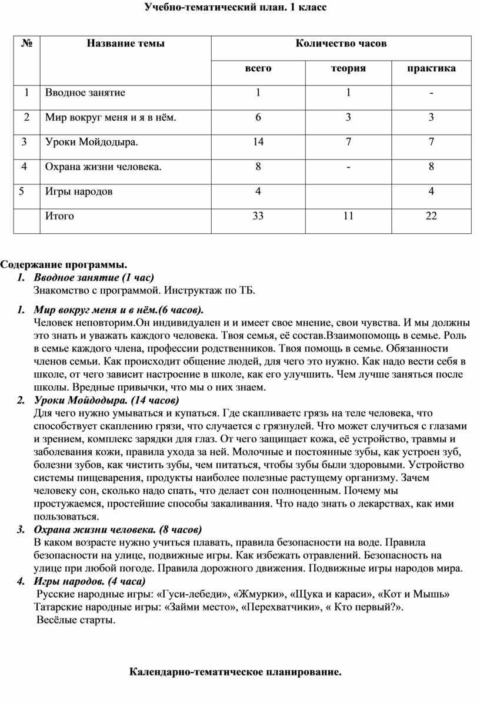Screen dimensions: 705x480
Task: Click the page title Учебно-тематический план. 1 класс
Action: coord(235,8)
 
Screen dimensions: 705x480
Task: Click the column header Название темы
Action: coord(126,43)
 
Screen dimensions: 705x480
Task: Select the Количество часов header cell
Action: coord(341,43)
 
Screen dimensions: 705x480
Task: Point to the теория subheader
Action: coord(348,68)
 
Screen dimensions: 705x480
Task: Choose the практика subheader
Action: coord(431,68)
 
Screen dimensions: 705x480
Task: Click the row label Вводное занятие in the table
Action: coord(85,92)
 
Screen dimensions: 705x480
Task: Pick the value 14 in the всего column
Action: coord(258,142)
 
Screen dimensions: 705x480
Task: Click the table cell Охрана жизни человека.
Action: coord(103,167)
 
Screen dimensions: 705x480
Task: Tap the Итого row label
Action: coord(59,216)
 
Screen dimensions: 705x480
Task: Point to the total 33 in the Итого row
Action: coord(258,216)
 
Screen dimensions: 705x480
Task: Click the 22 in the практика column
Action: coord(431,216)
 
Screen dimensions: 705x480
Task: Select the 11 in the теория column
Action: coord(348,216)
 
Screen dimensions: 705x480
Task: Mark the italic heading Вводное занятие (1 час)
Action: coord(94,277)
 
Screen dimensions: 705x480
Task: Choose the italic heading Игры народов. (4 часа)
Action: coord(94,580)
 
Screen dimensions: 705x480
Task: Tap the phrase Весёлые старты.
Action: coord(76,620)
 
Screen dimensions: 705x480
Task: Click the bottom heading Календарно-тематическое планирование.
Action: coord(235,671)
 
